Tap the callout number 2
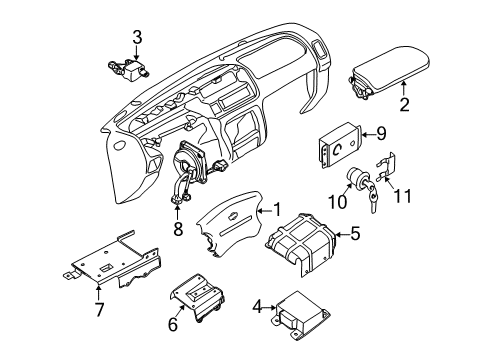(x=405, y=103)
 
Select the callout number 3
(x=138, y=37)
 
